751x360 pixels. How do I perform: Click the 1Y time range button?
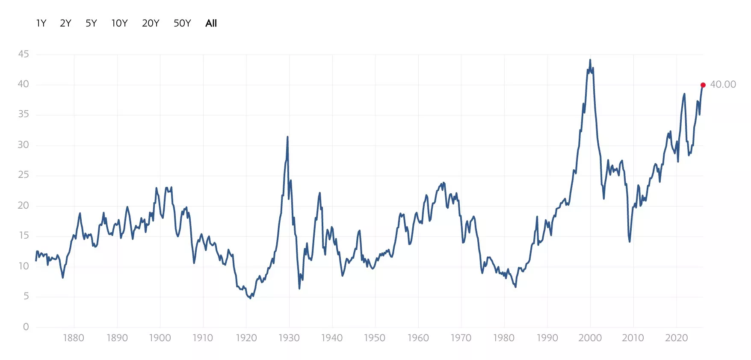tap(41, 23)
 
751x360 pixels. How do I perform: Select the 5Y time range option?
tap(91, 23)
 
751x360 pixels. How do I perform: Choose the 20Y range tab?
tap(151, 23)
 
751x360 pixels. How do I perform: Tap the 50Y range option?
tap(182, 23)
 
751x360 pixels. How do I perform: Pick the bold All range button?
tap(211, 23)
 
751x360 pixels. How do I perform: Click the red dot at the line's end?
tap(703, 85)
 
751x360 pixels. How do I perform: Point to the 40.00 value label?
tap(723, 85)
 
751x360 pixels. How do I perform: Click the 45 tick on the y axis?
tap(24, 54)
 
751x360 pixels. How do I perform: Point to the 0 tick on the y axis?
tap(26, 327)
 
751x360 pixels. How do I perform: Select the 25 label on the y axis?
tap(24, 175)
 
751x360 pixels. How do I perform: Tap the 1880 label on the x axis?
tap(74, 338)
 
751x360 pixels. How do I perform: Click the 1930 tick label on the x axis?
tap(289, 338)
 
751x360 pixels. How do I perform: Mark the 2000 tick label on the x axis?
tap(590, 338)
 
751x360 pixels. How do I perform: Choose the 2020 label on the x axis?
tap(677, 338)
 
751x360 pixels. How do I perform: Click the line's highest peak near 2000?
tap(590, 60)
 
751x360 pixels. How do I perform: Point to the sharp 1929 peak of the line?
tap(287, 137)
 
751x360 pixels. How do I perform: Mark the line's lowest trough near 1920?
tap(250, 298)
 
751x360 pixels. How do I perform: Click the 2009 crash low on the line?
tap(630, 241)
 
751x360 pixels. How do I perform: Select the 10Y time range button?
tap(120, 23)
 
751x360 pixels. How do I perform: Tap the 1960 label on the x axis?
tap(418, 338)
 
